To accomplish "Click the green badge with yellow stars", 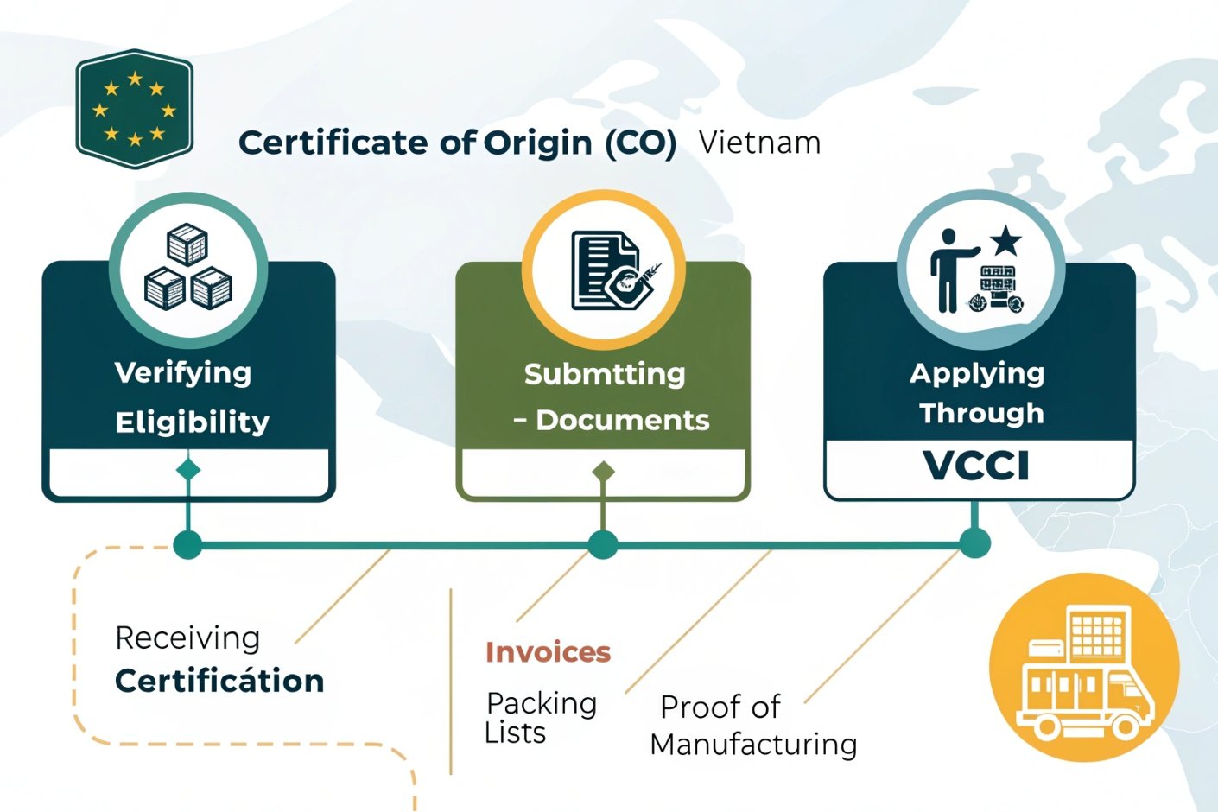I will (135, 109).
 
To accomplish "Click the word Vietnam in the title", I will (759, 143).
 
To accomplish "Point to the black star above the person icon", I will (1005, 241).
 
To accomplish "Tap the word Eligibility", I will (192, 422).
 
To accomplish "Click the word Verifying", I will (183, 372).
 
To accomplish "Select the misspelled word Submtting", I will (605, 374).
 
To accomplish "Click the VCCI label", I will (977, 466).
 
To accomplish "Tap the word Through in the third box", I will (981, 413).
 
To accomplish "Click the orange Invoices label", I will (548, 651).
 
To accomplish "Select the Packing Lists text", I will (540, 717).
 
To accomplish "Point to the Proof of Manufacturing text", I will (753, 726).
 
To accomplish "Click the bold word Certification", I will (219, 681).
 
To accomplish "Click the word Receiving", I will (187, 638).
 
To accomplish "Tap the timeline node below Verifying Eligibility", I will (187, 545).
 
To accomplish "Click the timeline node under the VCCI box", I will (975, 543).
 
